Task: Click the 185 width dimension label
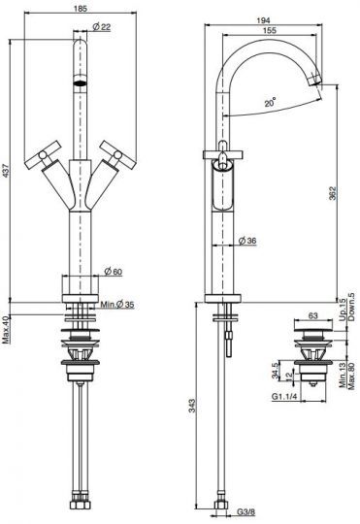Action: click(x=82, y=8)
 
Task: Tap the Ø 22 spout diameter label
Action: click(x=102, y=27)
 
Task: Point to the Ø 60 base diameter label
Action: click(x=114, y=272)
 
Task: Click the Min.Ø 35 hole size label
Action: click(x=117, y=304)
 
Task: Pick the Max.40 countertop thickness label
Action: click(x=6, y=331)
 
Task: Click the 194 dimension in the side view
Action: click(x=263, y=20)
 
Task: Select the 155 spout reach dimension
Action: click(x=270, y=30)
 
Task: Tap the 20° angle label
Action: click(x=271, y=102)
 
